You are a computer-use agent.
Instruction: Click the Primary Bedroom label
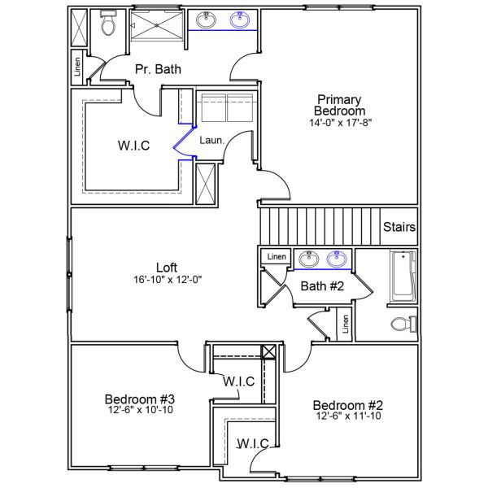click(x=341, y=105)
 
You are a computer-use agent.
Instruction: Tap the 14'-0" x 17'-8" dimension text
click(x=341, y=123)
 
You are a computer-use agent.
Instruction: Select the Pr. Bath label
click(x=158, y=70)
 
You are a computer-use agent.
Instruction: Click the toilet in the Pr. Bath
click(x=107, y=26)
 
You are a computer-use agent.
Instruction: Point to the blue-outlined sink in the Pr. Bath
click(x=240, y=20)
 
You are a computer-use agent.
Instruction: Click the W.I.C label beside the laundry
click(x=133, y=146)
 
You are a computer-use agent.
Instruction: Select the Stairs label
click(x=399, y=227)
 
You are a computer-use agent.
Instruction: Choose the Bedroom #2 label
click(x=348, y=405)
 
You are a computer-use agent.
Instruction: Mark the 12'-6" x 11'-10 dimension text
click(x=348, y=416)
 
